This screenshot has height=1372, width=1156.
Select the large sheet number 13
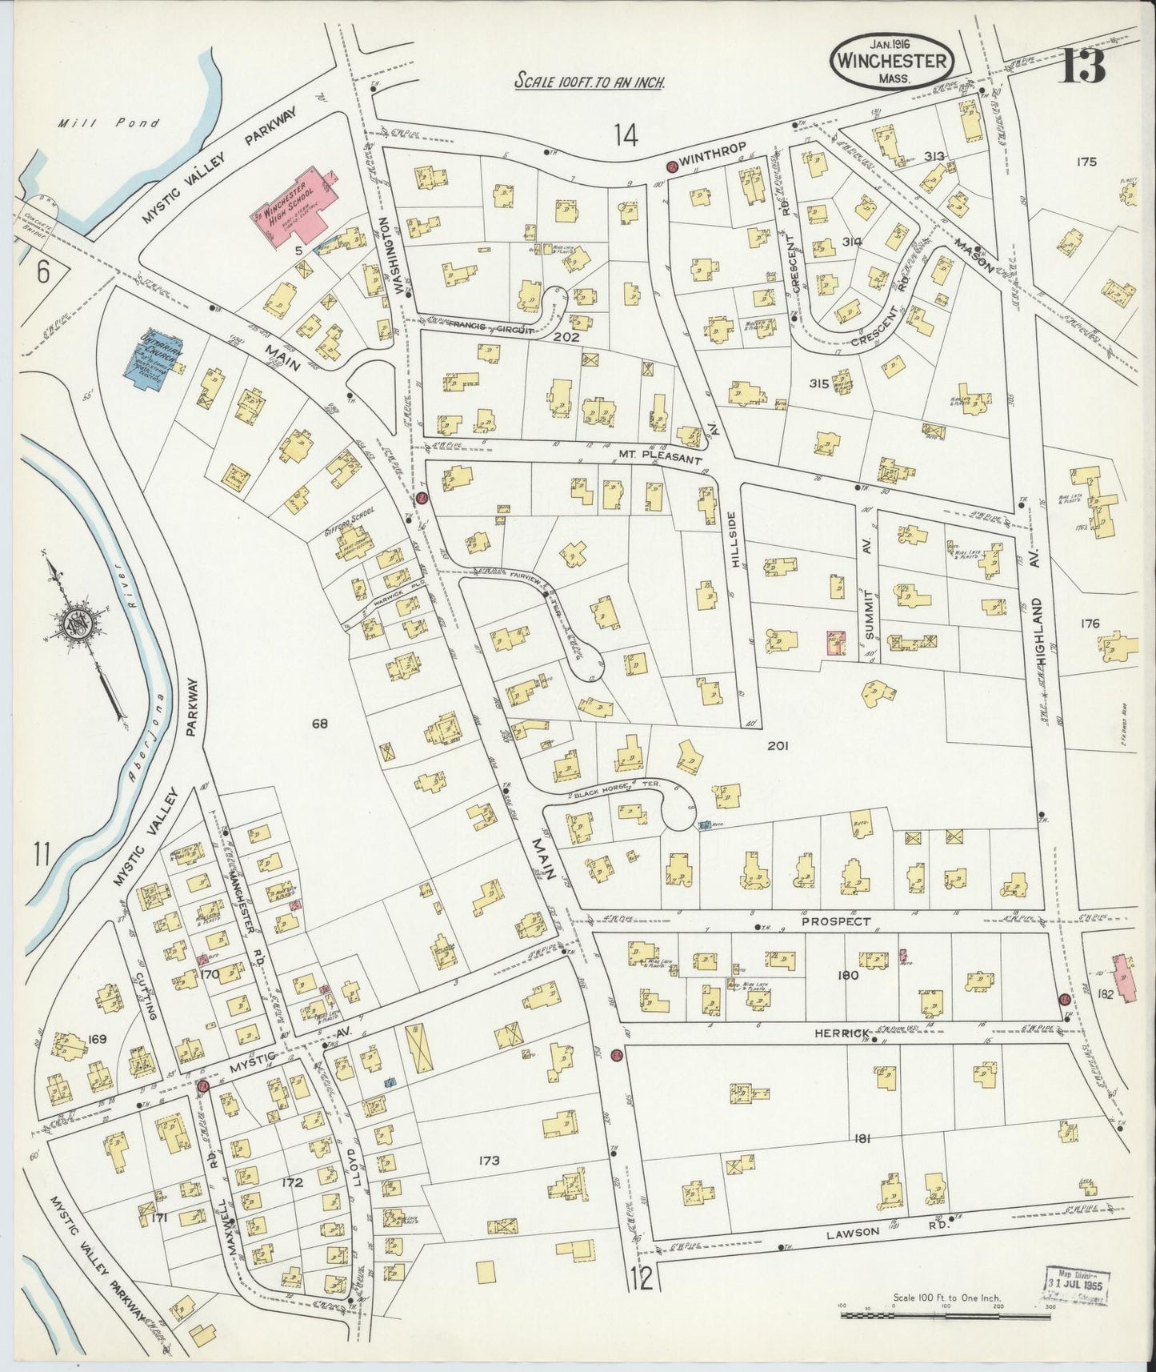pyautogui.click(x=1083, y=66)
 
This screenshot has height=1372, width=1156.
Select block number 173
pyautogui.click(x=489, y=1161)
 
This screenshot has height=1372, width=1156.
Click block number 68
pyautogui.click(x=320, y=724)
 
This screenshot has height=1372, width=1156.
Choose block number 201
pyautogui.click(x=778, y=745)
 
